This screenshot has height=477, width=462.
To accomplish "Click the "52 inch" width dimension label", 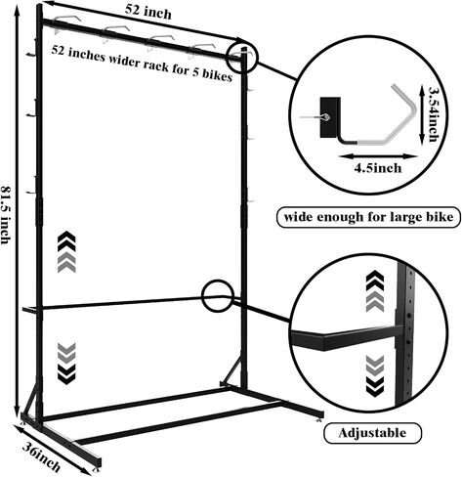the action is (x=148, y=12).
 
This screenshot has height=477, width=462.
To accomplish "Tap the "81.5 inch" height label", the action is (x=6, y=214).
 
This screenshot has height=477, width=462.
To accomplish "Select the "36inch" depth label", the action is (x=41, y=456).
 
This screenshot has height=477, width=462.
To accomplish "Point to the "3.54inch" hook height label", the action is (x=434, y=114).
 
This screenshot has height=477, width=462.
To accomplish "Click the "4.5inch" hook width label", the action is (x=378, y=168).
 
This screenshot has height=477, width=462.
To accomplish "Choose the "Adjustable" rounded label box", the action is (x=372, y=433).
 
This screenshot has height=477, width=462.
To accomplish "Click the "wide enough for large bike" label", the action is (x=368, y=217).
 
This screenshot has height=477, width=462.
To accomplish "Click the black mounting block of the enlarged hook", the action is (x=330, y=117).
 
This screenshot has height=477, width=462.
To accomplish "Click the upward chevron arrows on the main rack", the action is (x=66, y=251).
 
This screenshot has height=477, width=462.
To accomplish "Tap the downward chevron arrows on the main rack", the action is (x=66, y=364).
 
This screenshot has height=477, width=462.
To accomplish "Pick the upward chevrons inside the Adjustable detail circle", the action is (x=375, y=291).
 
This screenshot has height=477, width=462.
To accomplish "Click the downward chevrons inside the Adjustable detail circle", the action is (x=375, y=375).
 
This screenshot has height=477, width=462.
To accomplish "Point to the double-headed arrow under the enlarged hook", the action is (x=378, y=156).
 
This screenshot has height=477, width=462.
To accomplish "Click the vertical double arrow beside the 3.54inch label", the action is (x=422, y=114).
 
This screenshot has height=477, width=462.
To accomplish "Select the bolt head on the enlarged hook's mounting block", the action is (x=326, y=117).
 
